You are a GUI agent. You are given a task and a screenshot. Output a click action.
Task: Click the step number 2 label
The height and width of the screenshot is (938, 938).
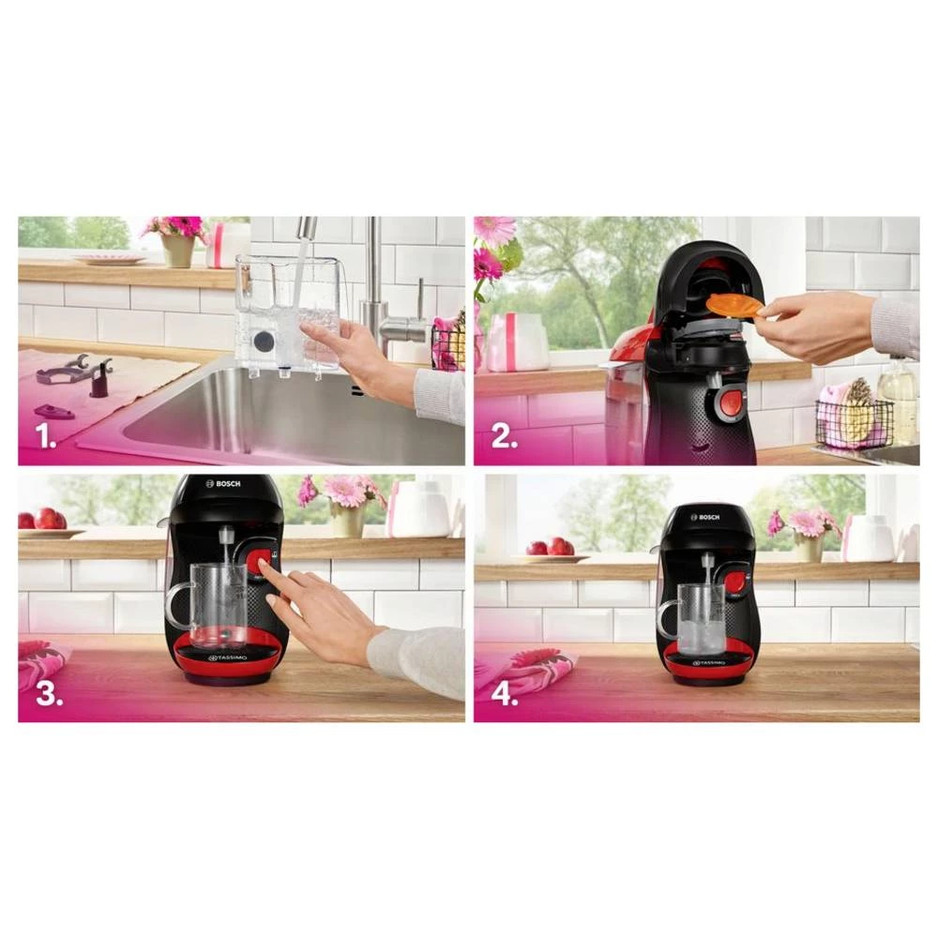(x=505, y=437)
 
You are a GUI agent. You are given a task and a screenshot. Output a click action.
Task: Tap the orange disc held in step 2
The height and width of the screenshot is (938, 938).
(x=734, y=305)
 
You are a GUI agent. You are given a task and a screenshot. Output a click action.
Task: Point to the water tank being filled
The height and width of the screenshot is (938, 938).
(x=286, y=314)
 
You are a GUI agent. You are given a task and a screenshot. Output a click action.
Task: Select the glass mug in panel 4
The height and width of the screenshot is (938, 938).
(x=699, y=619)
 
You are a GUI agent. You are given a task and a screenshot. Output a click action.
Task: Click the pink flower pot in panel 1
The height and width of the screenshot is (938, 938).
(x=176, y=249)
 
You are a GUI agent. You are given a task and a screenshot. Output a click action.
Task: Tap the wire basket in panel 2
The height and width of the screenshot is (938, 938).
(x=854, y=424)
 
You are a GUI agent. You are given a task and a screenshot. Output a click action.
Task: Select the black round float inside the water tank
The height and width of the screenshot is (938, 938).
(x=265, y=340)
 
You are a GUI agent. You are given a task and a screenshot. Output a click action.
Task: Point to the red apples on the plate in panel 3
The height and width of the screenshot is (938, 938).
(x=47, y=519)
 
